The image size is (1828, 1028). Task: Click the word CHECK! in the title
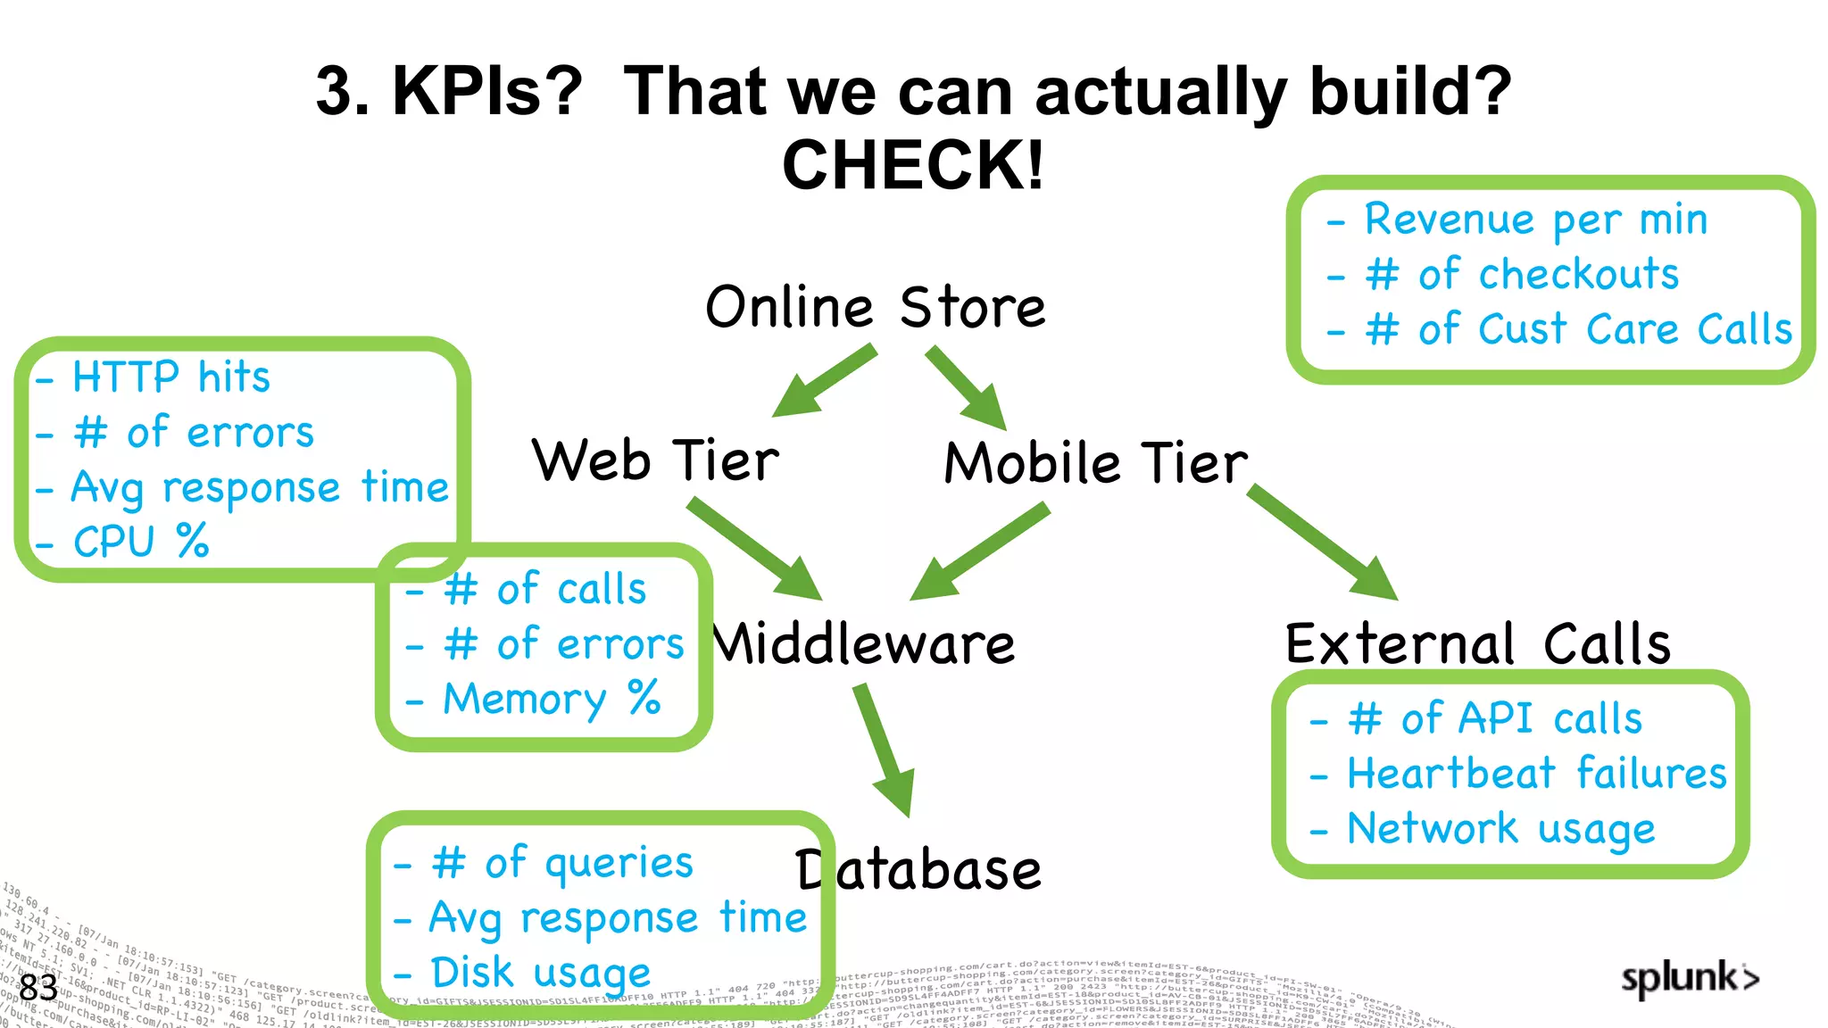click(x=913, y=166)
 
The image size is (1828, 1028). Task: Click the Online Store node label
click(x=875, y=308)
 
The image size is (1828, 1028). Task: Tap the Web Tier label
click(x=655, y=461)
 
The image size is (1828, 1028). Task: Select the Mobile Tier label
click(x=1096, y=464)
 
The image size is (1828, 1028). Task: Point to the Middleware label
click(x=864, y=644)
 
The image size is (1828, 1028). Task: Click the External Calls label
click(x=1477, y=644)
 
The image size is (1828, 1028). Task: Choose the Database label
click(x=919, y=871)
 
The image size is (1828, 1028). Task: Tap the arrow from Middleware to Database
click(x=885, y=750)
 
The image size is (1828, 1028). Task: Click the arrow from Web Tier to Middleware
click(x=754, y=549)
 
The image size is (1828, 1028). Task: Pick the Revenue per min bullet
click(x=1535, y=220)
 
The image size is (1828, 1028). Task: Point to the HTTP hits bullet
click(x=170, y=377)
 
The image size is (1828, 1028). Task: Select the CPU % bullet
click(x=141, y=542)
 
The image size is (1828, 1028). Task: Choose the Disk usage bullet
click(x=540, y=973)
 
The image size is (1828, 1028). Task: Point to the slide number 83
click(x=38, y=988)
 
